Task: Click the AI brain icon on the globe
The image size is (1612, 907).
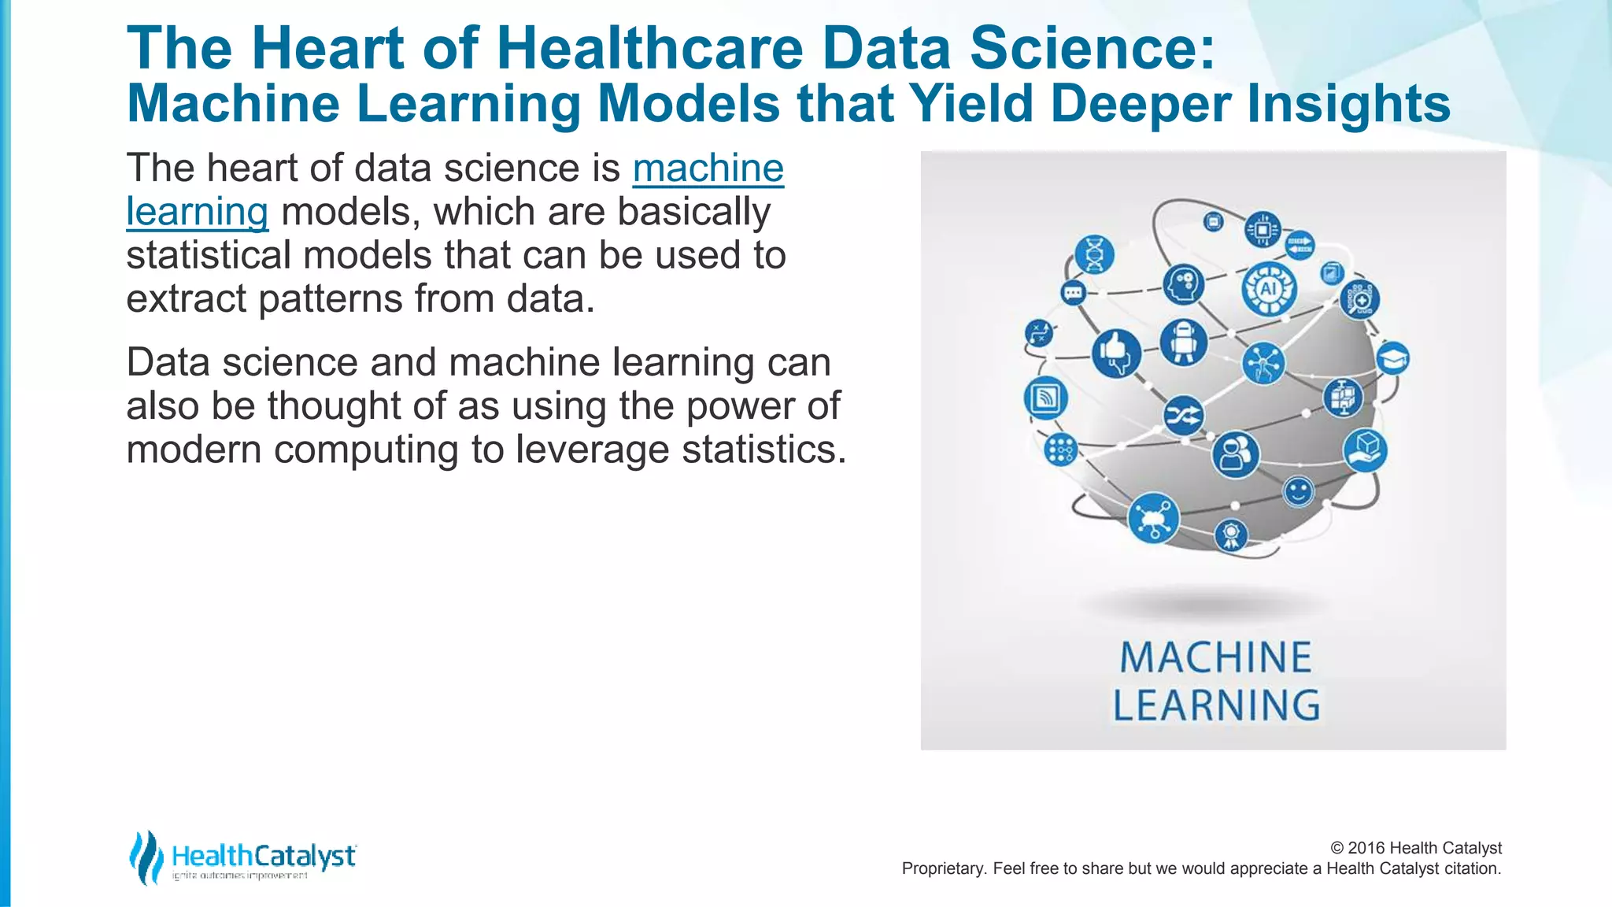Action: (1268, 288)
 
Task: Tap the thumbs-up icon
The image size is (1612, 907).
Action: (1115, 353)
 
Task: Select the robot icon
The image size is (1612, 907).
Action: (1183, 342)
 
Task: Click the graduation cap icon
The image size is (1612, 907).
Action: (1392, 359)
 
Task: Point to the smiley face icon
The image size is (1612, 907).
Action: (1298, 492)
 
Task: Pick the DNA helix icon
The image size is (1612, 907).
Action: (1094, 254)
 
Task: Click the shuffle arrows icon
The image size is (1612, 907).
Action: (1183, 415)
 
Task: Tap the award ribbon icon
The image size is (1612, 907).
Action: (1231, 535)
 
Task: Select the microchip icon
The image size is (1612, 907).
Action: (1263, 230)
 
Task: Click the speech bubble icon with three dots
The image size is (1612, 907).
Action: (1073, 293)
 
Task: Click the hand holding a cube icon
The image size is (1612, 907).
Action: (1365, 450)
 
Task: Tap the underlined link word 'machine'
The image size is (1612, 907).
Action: (708, 168)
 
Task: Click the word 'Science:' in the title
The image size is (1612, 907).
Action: (1093, 49)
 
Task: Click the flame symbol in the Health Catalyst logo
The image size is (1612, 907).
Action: (146, 857)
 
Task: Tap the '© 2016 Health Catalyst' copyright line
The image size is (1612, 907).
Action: (1415, 848)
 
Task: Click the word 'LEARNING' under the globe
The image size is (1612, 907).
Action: (1215, 705)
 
